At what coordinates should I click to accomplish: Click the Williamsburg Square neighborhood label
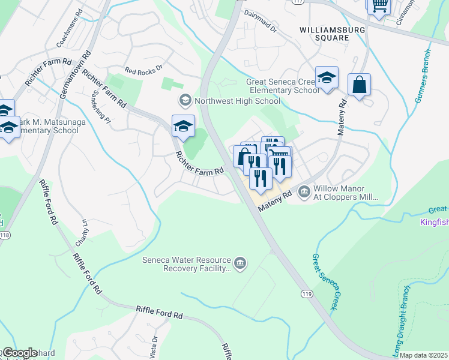pyautogui.click(x=324, y=33)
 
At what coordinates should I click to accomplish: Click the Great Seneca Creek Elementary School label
pyautogui.click(x=283, y=86)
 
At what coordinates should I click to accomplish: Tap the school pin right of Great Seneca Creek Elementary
pyautogui.click(x=327, y=78)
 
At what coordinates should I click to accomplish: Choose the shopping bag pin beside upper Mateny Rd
pyautogui.click(x=359, y=85)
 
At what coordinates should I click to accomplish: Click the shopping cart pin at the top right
pyautogui.click(x=379, y=5)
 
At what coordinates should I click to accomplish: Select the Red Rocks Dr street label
pyautogui.click(x=143, y=70)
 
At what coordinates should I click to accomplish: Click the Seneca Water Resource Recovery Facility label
pyautogui.click(x=186, y=264)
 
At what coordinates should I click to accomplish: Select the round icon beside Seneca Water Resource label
pyautogui.click(x=240, y=263)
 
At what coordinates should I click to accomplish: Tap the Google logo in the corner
pyautogui.click(x=19, y=353)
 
